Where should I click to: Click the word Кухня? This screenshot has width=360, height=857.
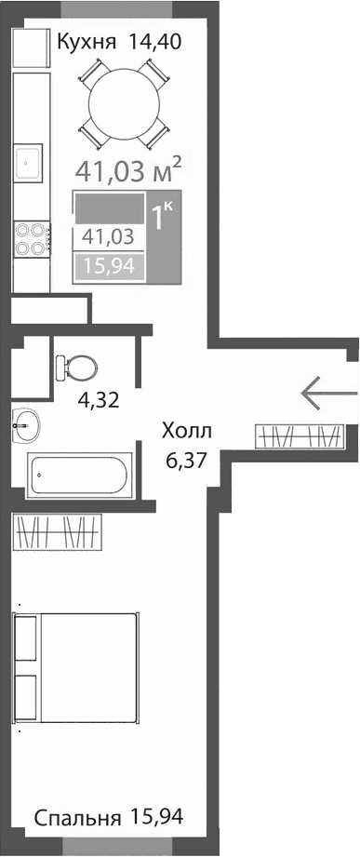pos(87,42)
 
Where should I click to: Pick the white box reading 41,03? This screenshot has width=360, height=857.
pos(108,236)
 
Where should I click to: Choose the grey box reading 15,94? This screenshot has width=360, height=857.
pos(108,267)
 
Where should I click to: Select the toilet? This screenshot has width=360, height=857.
pos(73,366)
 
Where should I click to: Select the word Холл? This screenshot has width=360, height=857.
pos(186,431)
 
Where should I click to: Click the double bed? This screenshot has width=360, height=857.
pos(76,665)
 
